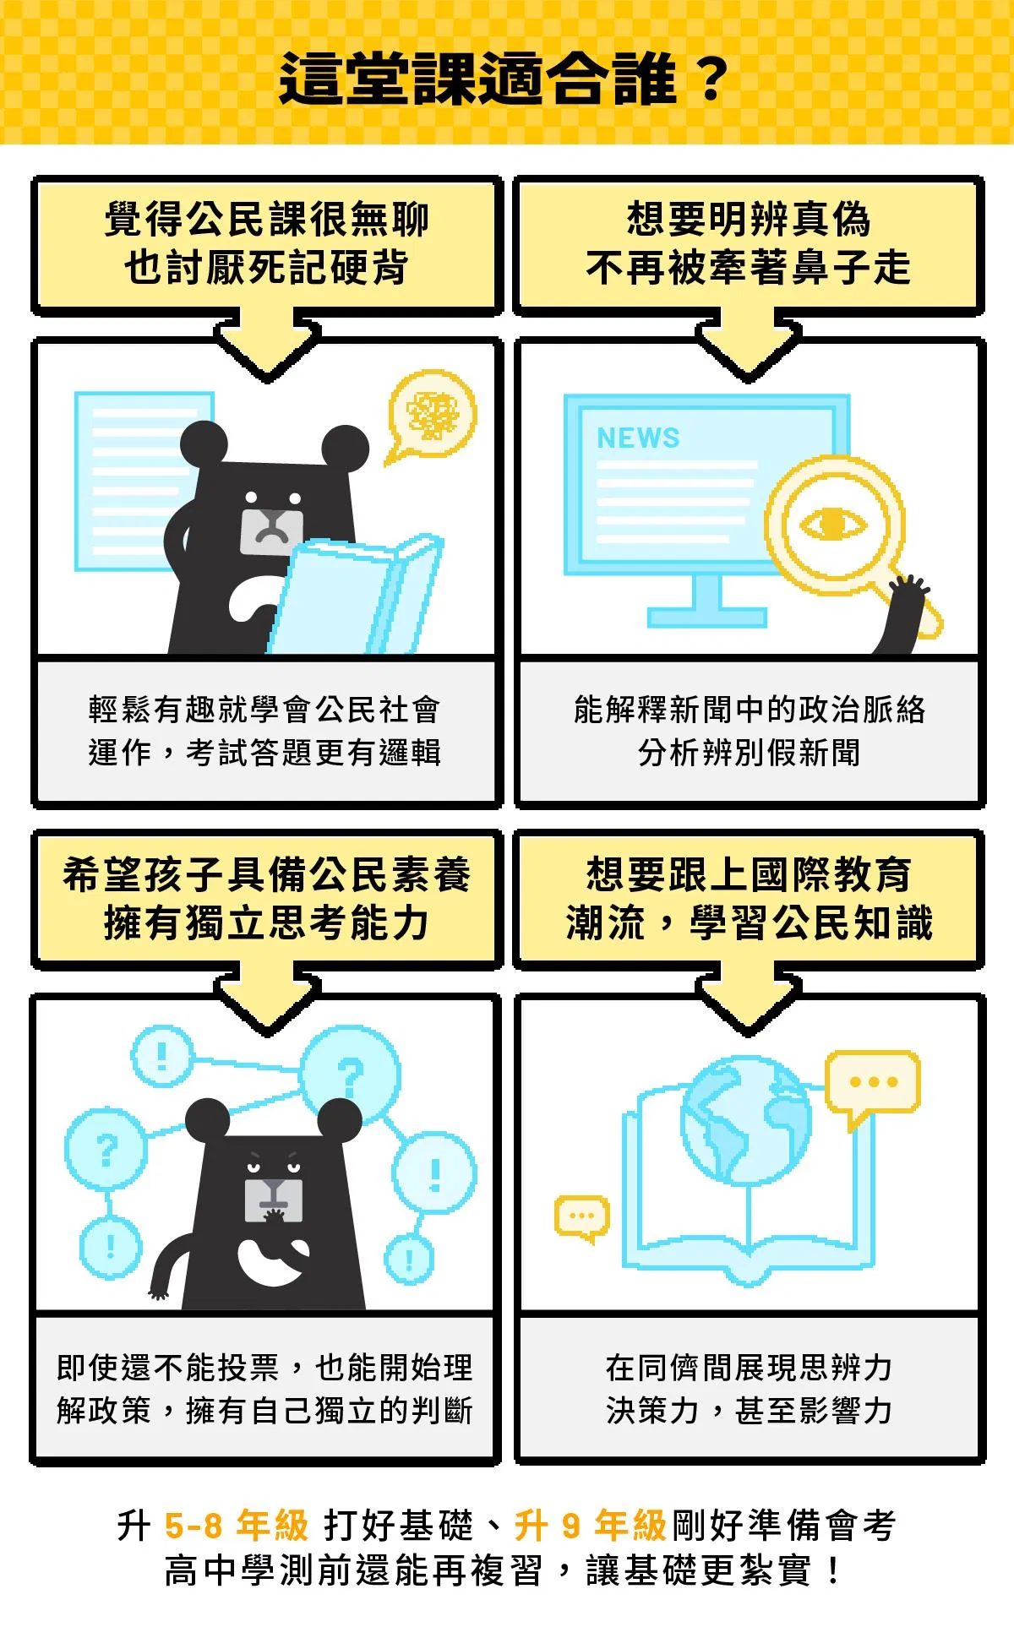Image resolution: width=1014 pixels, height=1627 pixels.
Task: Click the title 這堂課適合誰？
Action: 504,79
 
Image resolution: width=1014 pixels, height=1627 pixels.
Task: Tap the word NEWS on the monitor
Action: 638,438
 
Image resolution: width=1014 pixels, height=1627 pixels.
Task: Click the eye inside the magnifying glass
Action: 832,524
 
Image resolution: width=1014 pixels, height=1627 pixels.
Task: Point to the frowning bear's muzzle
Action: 271,531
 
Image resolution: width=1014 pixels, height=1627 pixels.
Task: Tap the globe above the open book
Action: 746,1120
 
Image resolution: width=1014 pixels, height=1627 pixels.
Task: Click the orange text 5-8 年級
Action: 237,1526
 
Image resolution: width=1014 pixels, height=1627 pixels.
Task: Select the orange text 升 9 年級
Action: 591,1526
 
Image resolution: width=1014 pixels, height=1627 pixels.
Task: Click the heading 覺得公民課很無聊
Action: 267,219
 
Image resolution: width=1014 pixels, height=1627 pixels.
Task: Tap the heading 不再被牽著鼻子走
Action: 749,268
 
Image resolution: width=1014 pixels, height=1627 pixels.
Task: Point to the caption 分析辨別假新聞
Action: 749,752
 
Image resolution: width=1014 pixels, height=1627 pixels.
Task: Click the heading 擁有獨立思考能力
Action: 267,922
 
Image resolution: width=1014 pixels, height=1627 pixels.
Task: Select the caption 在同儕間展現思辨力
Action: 749,1367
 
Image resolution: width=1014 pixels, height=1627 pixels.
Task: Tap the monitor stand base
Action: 707,617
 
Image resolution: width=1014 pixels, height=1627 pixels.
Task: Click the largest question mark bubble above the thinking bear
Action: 351,1075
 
